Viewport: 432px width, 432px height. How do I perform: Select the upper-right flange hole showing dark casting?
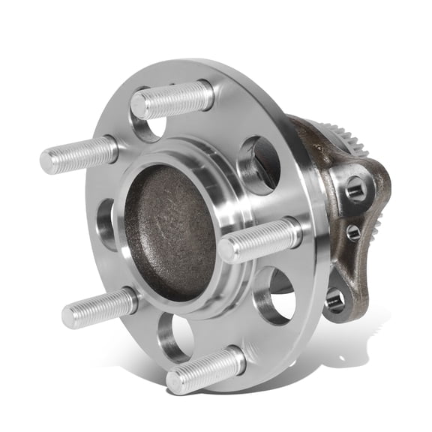[x=259, y=163]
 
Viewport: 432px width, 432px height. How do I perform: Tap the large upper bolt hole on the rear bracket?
[x=355, y=190]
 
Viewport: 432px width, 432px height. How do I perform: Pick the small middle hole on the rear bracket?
[x=352, y=232]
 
